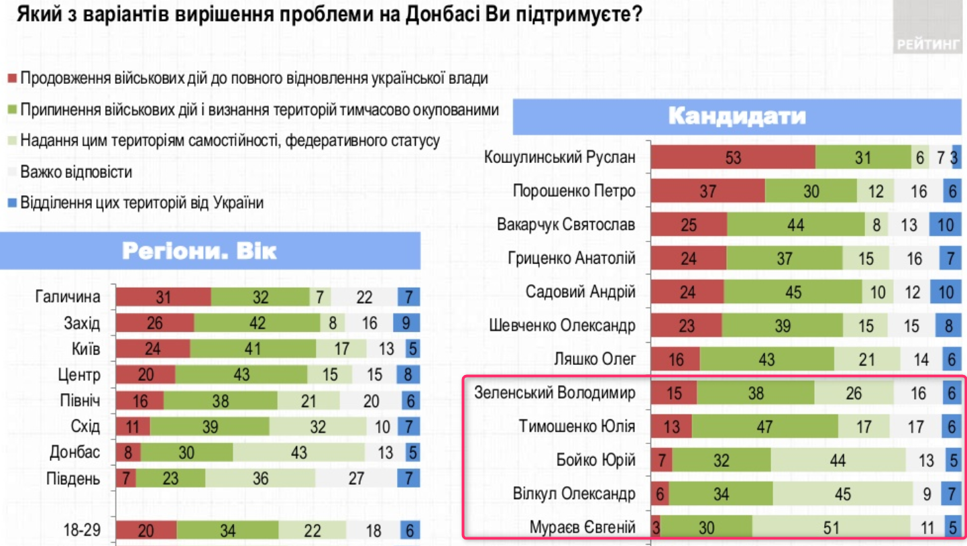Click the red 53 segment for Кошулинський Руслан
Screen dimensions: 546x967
click(x=732, y=158)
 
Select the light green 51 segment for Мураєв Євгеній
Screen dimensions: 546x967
click(x=831, y=528)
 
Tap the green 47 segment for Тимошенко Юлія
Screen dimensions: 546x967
click(x=764, y=426)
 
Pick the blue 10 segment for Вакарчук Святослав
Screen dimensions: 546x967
click(x=945, y=225)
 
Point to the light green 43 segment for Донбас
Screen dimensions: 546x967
click(x=299, y=452)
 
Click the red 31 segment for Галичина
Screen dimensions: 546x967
click(x=164, y=297)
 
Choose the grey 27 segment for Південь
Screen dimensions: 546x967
click(x=357, y=479)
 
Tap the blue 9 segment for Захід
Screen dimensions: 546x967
click(x=406, y=323)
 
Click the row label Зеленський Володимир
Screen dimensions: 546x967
click(x=554, y=392)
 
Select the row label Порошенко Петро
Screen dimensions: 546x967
click(x=573, y=191)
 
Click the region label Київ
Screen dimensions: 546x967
click(x=85, y=349)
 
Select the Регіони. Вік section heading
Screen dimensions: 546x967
click(x=199, y=251)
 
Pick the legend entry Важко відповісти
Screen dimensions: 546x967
click(x=76, y=172)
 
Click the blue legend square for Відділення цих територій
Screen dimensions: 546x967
click(x=11, y=203)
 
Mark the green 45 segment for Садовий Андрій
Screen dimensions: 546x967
click(x=793, y=292)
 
